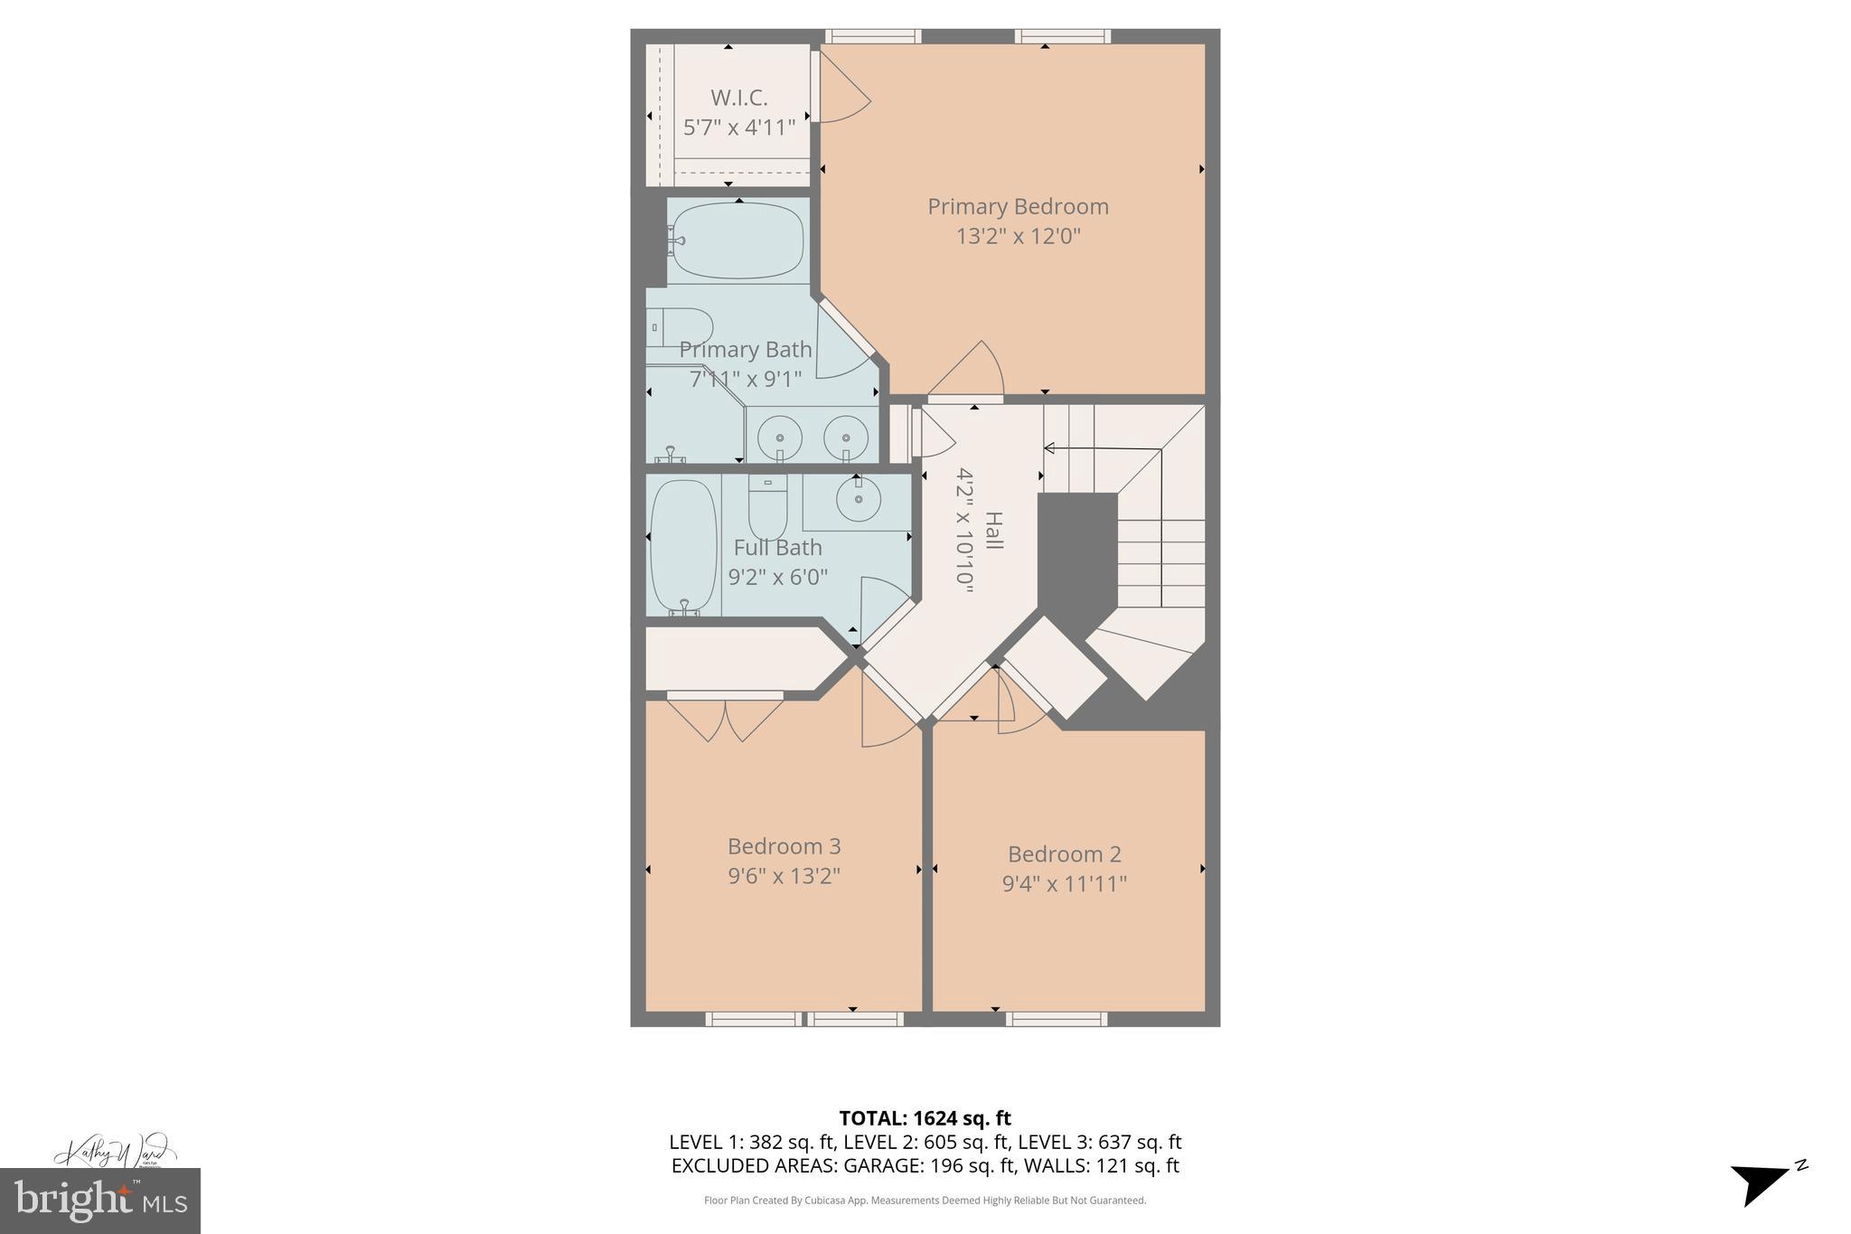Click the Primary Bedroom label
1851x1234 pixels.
(x=1018, y=206)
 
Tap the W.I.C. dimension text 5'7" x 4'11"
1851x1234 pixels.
(x=739, y=127)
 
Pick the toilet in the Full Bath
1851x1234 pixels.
(x=767, y=506)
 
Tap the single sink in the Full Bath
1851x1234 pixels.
(x=858, y=499)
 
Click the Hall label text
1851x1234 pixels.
(x=993, y=531)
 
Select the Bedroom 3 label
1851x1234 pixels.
(x=784, y=846)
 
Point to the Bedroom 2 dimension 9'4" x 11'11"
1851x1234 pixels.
(x=1064, y=883)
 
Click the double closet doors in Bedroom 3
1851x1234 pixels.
(x=725, y=718)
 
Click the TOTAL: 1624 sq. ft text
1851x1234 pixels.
(x=925, y=1118)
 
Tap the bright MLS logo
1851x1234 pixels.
(x=99, y=1201)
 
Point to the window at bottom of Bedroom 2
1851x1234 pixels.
(x=1056, y=1019)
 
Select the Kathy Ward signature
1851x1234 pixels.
(x=114, y=1152)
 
